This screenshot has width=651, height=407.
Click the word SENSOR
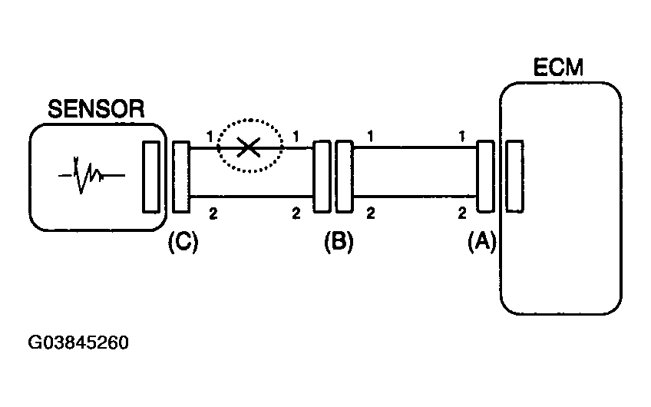pos(96,109)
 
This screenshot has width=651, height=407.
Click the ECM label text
pos(558,68)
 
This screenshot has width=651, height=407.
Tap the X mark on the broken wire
pos(248,147)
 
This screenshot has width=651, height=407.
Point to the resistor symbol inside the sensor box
pos(91,175)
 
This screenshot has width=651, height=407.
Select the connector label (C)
pos(183,242)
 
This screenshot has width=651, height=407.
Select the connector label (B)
pos(339,241)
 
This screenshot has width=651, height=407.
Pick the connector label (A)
pos(482,241)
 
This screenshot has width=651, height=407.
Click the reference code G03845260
pos(78,342)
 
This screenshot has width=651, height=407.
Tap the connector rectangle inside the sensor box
pos(151,177)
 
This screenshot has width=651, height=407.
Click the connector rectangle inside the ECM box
pos(515,177)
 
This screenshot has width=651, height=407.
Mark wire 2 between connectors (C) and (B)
pos(251,197)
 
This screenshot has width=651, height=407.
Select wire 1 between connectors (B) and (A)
pos(415,147)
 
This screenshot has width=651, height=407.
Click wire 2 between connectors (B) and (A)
pos(415,196)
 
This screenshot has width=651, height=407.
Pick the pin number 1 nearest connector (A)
pos(461,136)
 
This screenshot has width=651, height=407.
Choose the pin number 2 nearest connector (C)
pos(213,214)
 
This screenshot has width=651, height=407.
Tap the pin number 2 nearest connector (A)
pos(462,213)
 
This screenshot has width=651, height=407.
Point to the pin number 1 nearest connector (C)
pos(210,136)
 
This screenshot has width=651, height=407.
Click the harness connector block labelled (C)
pos(181,177)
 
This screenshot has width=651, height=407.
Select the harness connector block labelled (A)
pos(485,177)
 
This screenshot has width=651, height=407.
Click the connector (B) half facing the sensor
pos(322,177)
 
